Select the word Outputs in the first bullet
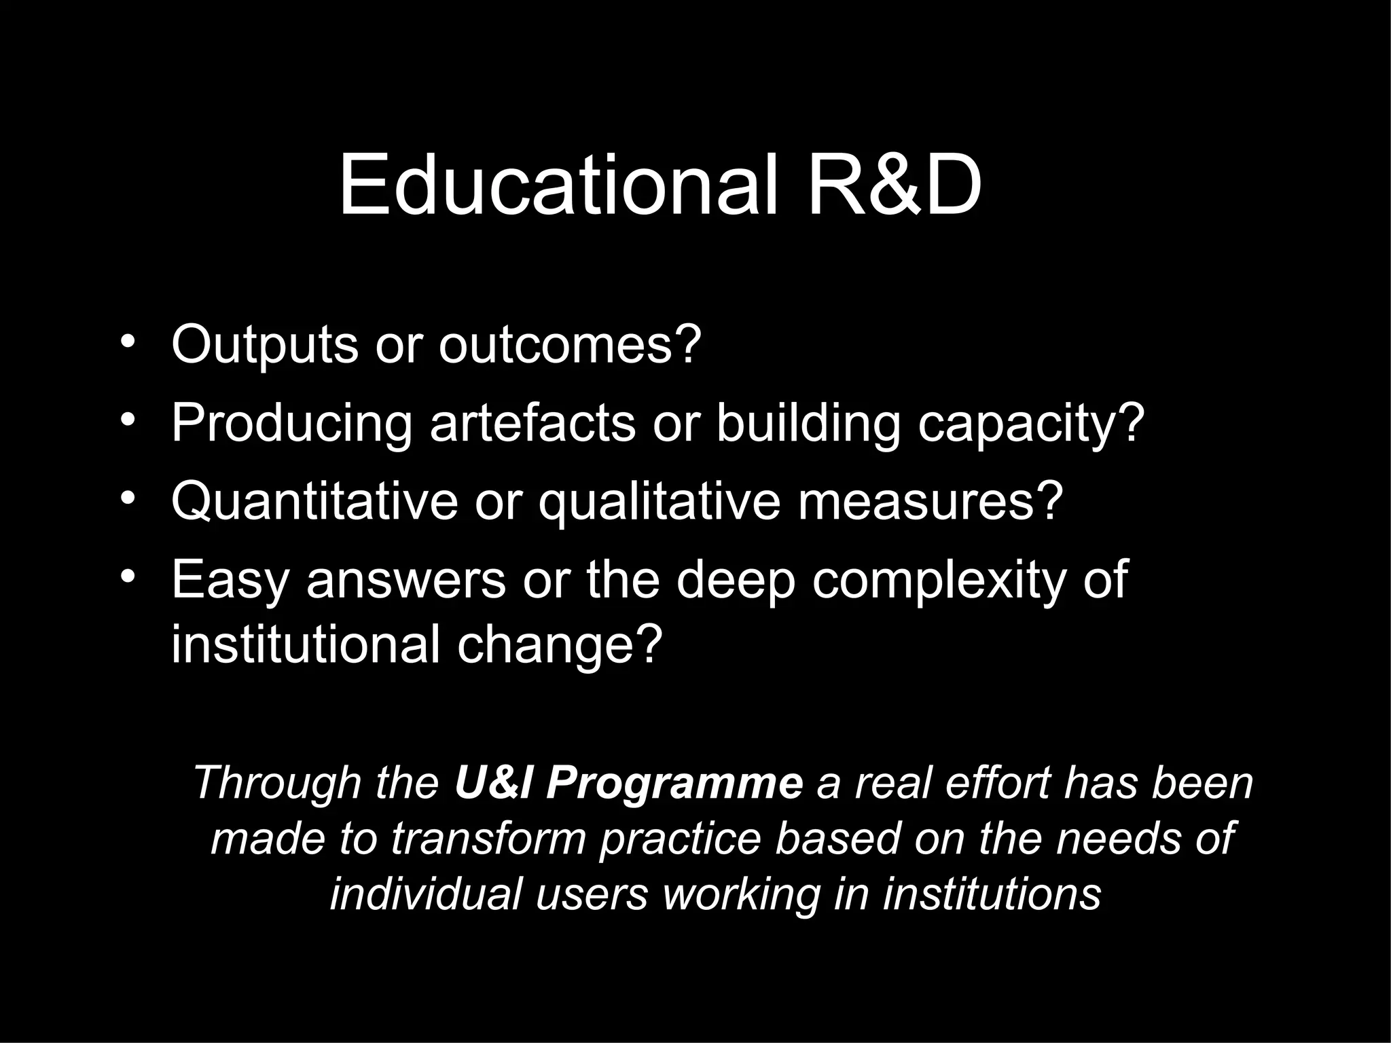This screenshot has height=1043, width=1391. click(264, 345)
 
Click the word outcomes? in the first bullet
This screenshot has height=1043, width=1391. click(569, 345)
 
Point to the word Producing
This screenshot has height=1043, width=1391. click(291, 424)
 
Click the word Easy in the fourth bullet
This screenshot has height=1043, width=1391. click(230, 581)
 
